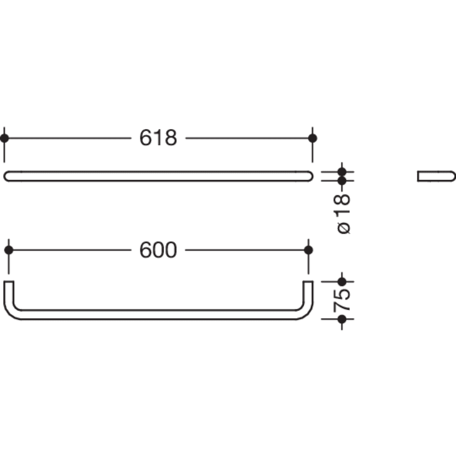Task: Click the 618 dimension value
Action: click(x=158, y=138)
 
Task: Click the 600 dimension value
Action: click(x=158, y=250)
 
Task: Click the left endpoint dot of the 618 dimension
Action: click(x=4, y=138)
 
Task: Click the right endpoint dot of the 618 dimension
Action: click(x=313, y=138)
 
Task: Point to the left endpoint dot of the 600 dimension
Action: click(x=9, y=250)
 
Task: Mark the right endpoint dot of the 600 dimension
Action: click(x=308, y=250)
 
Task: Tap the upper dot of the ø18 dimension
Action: click(x=341, y=171)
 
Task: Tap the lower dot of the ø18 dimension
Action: click(x=341, y=181)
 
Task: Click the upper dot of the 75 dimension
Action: click(x=341, y=282)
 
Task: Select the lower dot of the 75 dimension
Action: click(x=341, y=319)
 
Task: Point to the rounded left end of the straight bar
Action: click(x=7, y=176)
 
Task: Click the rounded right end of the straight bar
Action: click(x=310, y=176)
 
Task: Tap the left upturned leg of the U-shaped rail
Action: click(x=9, y=295)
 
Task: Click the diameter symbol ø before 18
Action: click(x=345, y=227)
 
